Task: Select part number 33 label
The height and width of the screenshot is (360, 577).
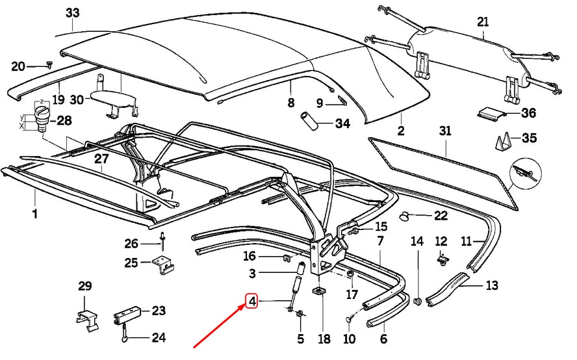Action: point(73,13)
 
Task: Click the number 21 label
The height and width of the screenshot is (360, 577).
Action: point(482,21)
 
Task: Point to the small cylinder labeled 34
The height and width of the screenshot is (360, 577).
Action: point(308,121)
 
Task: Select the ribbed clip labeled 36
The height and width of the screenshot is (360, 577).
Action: point(491,114)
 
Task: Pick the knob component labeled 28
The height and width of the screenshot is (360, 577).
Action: point(44,120)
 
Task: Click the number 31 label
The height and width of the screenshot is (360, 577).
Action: point(444,131)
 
